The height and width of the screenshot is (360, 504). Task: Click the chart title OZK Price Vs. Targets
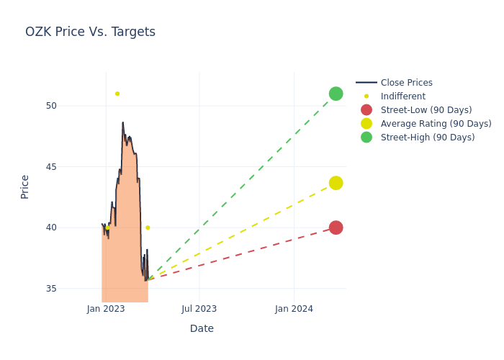[90, 32]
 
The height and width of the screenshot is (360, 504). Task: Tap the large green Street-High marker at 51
[336, 94]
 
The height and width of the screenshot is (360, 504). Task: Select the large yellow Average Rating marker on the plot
[336, 183]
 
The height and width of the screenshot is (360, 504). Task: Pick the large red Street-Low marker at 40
[336, 228]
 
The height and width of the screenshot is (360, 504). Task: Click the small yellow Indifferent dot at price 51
[117, 94]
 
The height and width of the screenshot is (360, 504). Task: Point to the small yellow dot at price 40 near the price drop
[148, 228]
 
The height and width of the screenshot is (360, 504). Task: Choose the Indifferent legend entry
[402, 96]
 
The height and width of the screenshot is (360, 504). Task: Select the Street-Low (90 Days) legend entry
[426, 110]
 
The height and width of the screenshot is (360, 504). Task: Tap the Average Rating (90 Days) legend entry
[436, 124]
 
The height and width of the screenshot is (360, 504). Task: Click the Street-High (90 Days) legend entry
[427, 138]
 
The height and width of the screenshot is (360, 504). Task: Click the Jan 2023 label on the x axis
[106, 309]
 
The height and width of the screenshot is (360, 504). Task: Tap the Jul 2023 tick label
[199, 309]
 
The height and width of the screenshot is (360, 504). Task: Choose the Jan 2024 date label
[294, 309]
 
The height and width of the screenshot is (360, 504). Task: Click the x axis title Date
[202, 328]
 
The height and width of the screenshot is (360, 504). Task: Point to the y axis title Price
[25, 186]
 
